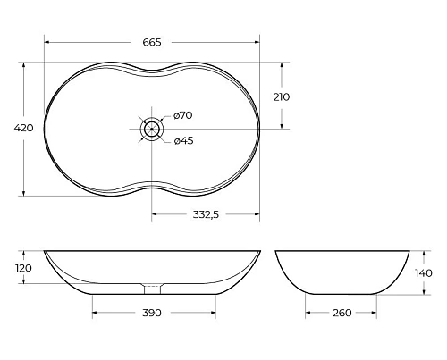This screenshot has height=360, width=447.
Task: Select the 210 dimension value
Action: tap(281, 96)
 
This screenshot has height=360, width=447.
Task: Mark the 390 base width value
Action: tap(152, 313)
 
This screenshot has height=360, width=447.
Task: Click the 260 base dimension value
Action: tap(342, 313)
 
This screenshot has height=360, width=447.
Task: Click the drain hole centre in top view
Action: tap(152, 129)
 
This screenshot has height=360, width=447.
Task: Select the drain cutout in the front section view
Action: tap(152, 288)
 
